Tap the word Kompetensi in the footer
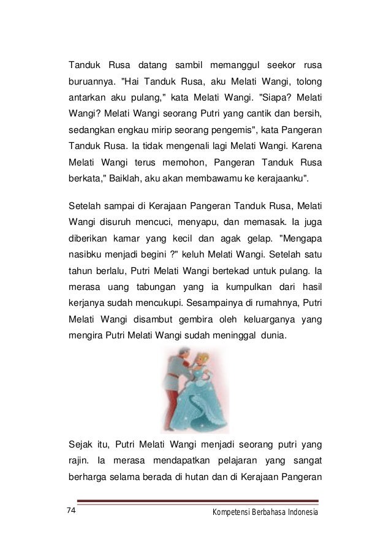(x=229, y=512)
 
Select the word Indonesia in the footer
(x=299, y=512)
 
